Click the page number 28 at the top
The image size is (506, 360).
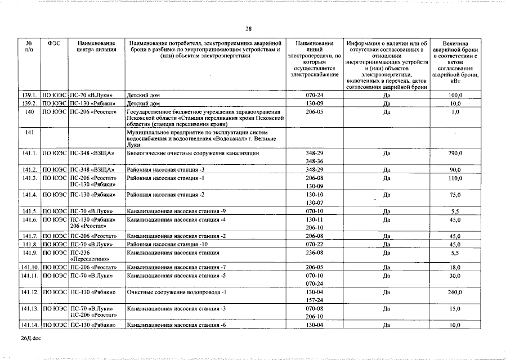(249, 29)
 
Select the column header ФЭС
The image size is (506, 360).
(54, 43)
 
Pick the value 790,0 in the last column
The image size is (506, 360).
(455, 153)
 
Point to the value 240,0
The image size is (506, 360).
(455, 292)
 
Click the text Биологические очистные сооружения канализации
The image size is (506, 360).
(193, 153)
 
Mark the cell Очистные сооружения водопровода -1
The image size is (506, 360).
(176, 292)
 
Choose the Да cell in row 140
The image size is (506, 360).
(387, 112)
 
